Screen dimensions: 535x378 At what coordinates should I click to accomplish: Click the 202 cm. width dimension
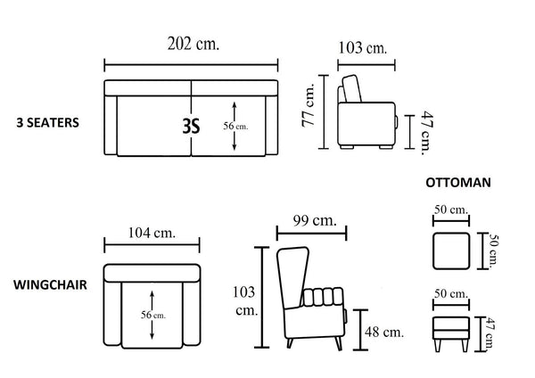[x=193, y=44]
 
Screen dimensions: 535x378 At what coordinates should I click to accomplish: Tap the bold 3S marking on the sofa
[x=191, y=127]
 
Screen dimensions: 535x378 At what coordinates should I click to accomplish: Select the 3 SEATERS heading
[x=48, y=123]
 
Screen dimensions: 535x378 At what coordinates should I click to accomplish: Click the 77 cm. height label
[x=308, y=105]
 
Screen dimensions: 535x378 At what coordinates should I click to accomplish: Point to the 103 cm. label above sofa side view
[x=363, y=48]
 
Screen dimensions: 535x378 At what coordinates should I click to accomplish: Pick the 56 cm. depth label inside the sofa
[x=235, y=127]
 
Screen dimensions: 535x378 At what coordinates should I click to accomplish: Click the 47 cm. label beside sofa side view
[x=427, y=133]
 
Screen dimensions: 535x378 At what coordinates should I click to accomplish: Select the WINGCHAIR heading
[x=50, y=285]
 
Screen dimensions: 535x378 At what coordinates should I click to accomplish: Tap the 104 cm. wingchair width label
[x=152, y=233]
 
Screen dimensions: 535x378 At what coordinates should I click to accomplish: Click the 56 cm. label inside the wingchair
[x=153, y=315]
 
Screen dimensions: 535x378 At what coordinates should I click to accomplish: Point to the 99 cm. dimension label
[x=315, y=221]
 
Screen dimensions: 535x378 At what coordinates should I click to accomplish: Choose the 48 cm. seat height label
[x=384, y=332]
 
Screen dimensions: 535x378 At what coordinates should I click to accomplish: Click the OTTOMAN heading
[x=458, y=183]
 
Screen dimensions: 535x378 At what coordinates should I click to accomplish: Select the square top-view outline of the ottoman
[x=451, y=251]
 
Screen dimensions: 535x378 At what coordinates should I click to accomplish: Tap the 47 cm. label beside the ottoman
[x=490, y=333]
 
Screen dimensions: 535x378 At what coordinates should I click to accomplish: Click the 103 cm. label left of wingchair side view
[x=245, y=301]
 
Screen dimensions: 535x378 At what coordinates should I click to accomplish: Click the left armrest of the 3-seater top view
[x=111, y=125]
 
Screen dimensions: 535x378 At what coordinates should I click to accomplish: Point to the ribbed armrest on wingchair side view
[x=323, y=297]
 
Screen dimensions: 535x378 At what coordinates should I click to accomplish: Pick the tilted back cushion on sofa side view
[x=352, y=88]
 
